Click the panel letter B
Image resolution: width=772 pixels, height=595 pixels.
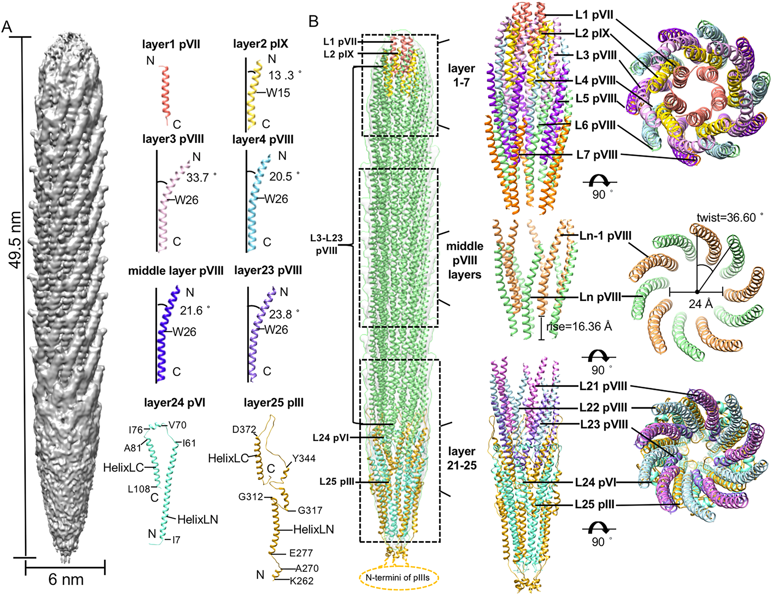[313, 22]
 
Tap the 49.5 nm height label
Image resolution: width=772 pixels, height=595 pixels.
[15, 239]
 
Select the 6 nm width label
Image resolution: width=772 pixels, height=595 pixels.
[66, 580]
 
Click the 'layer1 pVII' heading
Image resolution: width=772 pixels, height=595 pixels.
[171, 44]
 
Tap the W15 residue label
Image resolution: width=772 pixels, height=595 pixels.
[278, 93]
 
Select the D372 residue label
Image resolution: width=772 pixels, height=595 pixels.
[244, 429]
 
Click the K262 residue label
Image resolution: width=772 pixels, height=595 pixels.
[301, 581]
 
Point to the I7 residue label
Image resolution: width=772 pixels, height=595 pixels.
[176, 540]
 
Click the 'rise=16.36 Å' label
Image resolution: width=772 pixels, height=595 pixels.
[579, 327]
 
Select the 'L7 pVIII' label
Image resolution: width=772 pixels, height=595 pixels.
[597, 155]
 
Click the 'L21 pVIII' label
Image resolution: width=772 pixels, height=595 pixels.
[603, 386]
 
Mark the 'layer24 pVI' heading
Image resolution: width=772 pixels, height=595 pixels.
[174, 403]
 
